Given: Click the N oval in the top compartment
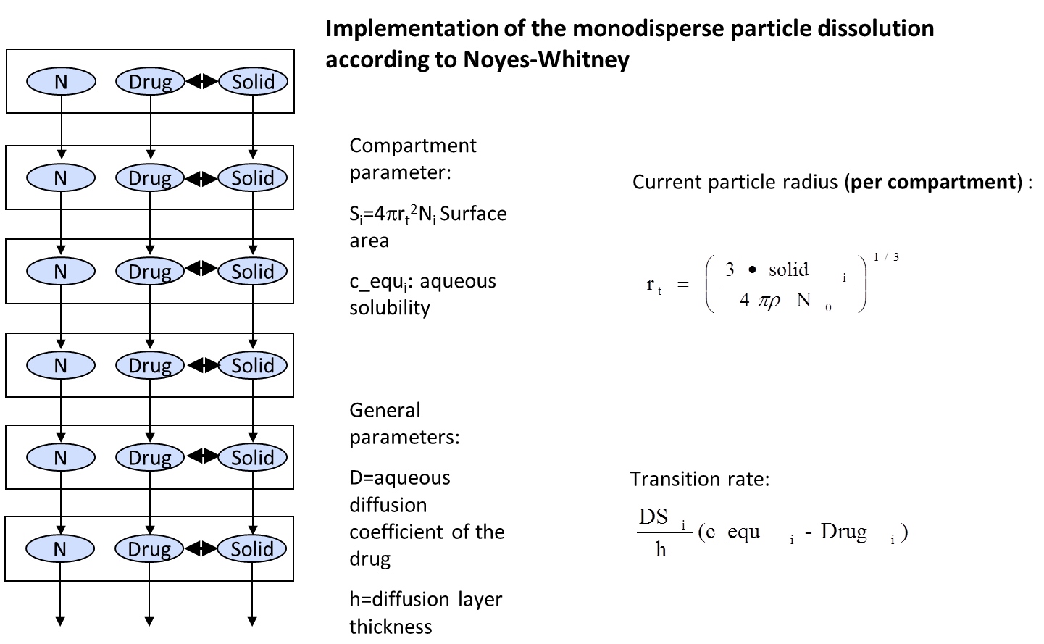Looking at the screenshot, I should [x=61, y=82].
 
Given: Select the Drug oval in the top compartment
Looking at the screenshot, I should [x=150, y=82].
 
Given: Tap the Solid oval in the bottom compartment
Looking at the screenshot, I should [x=252, y=549].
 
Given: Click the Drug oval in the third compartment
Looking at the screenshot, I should [x=150, y=272].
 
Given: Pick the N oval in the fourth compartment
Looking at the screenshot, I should [x=61, y=365].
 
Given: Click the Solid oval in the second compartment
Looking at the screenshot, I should [x=252, y=178].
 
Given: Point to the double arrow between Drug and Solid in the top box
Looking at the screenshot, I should [x=201, y=82].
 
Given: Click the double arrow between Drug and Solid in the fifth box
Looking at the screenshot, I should [x=201, y=456].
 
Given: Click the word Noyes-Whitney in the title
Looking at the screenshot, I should [x=546, y=59].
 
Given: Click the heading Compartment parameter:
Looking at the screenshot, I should [x=412, y=159].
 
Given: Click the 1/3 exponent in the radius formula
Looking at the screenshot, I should [x=886, y=257].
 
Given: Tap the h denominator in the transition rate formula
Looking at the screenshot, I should [x=661, y=550].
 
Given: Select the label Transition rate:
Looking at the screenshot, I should [x=699, y=479].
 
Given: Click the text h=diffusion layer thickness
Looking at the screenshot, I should [x=425, y=612].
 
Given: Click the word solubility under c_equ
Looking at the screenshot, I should [x=390, y=308].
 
